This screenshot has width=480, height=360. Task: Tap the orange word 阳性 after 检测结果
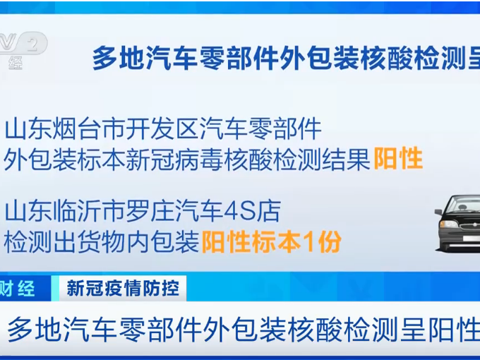[398, 160]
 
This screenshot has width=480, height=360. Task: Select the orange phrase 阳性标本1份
[272, 242]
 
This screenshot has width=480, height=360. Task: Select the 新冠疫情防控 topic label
[123, 288]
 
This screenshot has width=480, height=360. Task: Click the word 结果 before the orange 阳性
[347, 160]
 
